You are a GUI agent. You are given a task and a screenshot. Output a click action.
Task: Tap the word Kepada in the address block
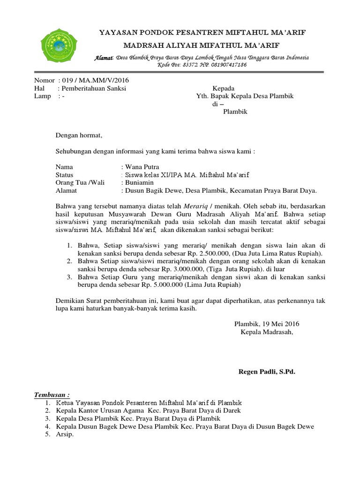[x=224, y=88]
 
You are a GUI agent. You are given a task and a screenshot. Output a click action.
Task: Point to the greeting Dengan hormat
[x=79, y=135]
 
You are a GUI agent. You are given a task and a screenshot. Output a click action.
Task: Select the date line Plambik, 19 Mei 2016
[x=267, y=324]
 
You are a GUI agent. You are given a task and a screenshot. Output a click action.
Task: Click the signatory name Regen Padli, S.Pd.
[x=267, y=372]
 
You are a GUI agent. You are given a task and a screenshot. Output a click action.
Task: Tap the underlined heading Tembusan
[x=52, y=394]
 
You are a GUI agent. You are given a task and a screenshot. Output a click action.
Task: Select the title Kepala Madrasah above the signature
[x=266, y=332]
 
